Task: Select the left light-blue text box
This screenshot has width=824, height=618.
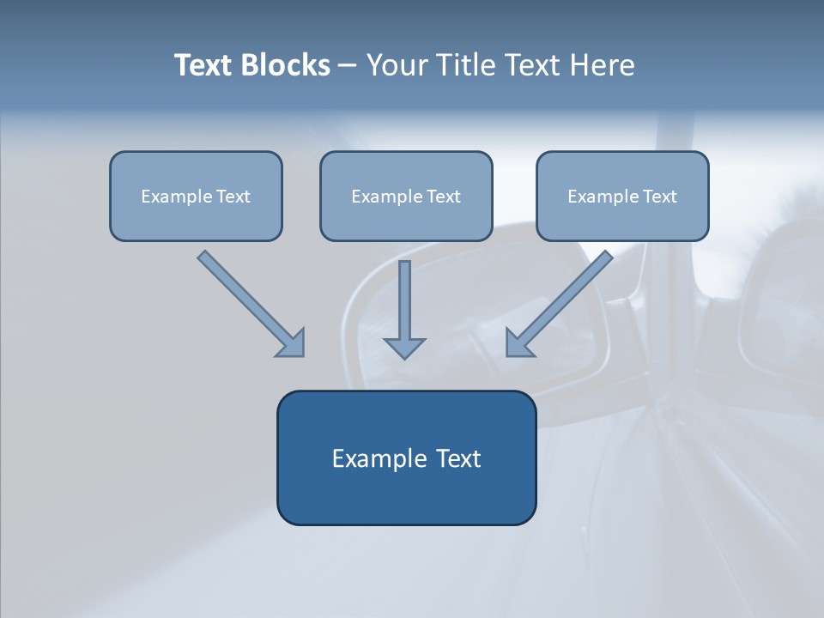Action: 196,196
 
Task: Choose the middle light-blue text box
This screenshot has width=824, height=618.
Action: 406,196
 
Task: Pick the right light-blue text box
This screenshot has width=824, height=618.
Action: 622,196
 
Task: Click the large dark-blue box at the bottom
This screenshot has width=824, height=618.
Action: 406,457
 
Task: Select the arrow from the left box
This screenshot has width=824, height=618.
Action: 249,302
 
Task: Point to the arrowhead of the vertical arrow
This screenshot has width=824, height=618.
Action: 404,347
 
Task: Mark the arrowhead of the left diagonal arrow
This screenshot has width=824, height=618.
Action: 292,343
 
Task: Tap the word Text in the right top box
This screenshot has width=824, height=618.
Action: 660,197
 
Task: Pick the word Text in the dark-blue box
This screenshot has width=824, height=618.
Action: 459,458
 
